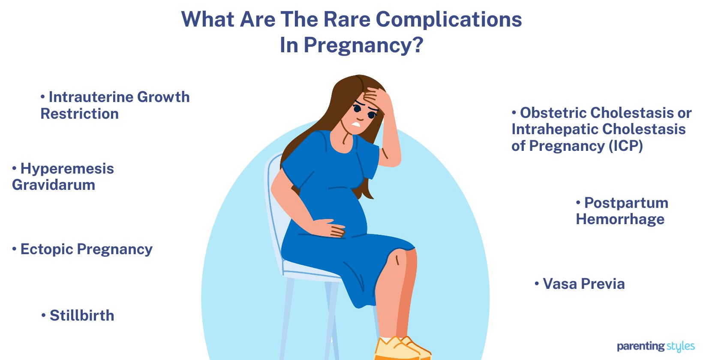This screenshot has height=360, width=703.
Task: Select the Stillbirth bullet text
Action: (82, 315)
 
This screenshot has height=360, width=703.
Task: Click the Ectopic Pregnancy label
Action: (86, 249)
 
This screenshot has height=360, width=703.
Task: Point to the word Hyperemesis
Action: (67, 168)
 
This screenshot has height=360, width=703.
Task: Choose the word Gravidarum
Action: (54, 185)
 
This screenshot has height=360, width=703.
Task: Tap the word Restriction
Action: (80, 114)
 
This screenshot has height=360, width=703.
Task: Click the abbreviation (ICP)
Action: (625, 146)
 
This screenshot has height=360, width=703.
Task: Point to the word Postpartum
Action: (626, 203)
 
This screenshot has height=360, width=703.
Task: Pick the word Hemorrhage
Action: (620, 219)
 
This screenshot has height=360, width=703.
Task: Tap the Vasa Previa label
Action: (583, 284)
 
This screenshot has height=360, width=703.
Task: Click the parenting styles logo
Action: (655, 346)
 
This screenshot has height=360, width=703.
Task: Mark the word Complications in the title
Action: (449, 20)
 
